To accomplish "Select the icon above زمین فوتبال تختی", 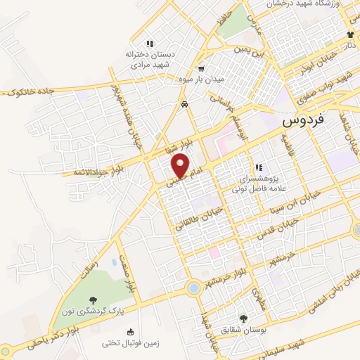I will (129, 332).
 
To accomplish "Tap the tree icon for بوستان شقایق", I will (243, 319).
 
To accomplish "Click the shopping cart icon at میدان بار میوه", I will (202, 68).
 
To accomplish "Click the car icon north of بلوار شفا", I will (184, 104).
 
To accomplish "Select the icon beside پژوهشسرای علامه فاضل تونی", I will (259, 168).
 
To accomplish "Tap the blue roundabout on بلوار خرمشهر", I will (193, 288).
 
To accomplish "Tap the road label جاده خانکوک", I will (32, 91).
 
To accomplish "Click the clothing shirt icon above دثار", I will (350, 34).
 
